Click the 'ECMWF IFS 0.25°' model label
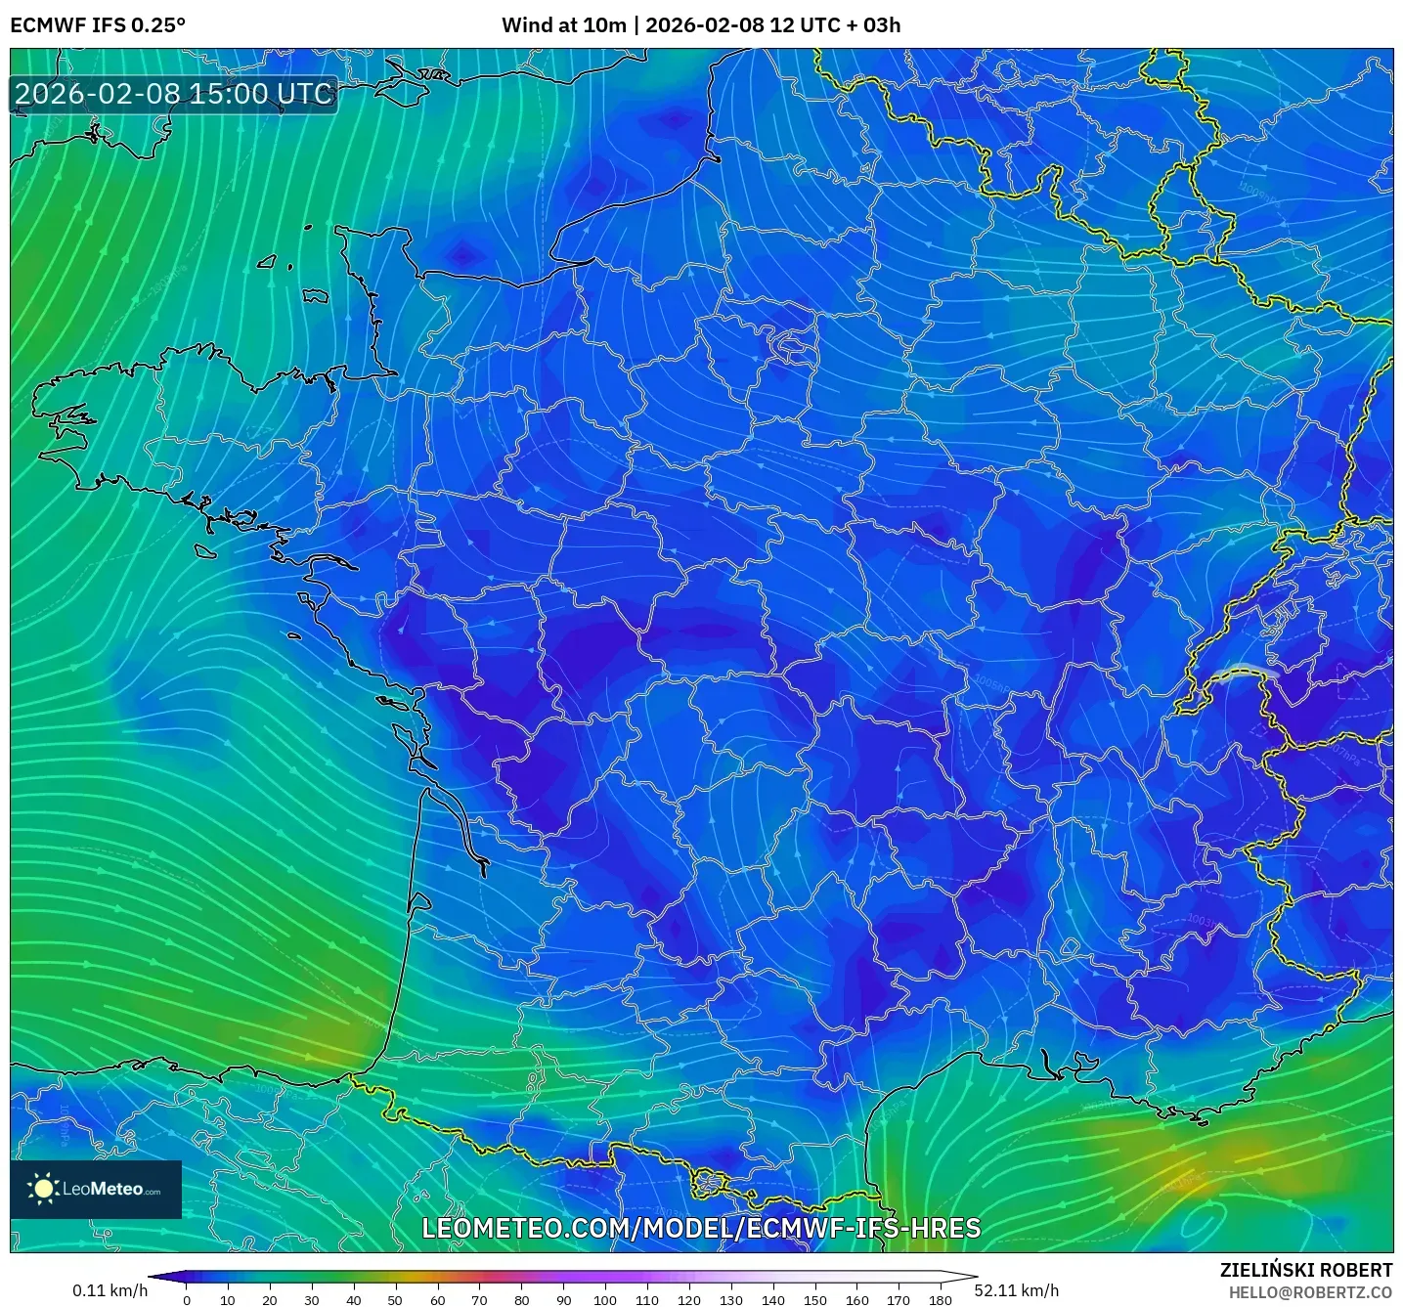point(98,25)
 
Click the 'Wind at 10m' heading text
point(563,25)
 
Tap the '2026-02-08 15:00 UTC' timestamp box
point(174,95)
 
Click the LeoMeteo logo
point(96,1189)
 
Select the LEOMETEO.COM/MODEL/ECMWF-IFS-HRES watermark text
point(701,1229)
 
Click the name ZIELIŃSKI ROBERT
point(1306,1270)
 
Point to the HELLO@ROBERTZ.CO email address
point(1310,1292)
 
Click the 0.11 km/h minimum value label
point(110,1290)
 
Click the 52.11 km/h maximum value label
point(1017,1290)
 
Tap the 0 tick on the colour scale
point(187,1300)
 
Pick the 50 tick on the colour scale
point(395,1300)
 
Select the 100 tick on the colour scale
point(605,1300)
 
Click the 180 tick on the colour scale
point(941,1300)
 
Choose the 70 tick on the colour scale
point(479,1300)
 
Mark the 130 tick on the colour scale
point(731,1300)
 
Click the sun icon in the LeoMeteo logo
point(44,1189)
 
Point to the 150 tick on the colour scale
point(815,1300)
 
